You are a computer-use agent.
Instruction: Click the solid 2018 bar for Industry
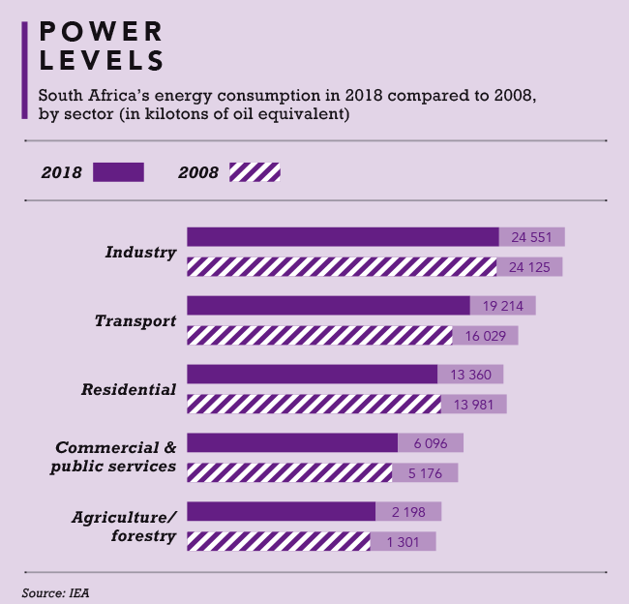click(x=343, y=237)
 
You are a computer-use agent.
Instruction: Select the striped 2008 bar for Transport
click(x=319, y=336)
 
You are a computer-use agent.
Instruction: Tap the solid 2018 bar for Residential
click(x=312, y=375)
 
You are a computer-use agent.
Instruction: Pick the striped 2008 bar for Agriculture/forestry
click(x=279, y=541)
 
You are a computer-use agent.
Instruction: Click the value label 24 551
click(x=532, y=237)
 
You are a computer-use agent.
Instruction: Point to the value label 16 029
click(x=486, y=336)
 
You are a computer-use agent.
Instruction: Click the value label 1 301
click(x=404, y=541)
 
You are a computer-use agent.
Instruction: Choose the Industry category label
click(x=140, y=253)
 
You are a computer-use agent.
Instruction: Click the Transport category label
click(x=135, y=321)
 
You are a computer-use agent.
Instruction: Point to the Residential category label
click(x=129, y=390)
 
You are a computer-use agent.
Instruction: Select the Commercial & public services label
click(x=115, y=457)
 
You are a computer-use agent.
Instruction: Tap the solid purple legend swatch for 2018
click(x=118, y=172)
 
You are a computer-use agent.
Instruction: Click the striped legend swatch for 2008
click(x=255, y=172)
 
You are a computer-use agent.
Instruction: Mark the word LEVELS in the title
click(x=101, y=60)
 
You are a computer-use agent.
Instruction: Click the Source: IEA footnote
click(x=55, y=589)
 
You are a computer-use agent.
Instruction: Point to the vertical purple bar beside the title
click(x=24, y=70)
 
